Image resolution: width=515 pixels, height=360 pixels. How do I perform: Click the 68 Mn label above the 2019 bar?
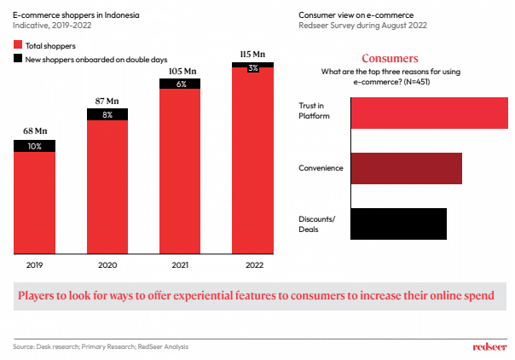[34, 131]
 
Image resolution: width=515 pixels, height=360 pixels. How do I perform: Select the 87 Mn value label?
[107, 101]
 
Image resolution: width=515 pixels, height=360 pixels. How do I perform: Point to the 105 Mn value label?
[180, 71]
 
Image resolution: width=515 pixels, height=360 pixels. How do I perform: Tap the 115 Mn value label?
[253, 55]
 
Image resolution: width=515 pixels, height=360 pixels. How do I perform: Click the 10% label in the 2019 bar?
[34, 146]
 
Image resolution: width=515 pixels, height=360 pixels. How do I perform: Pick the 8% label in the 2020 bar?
[107, 114]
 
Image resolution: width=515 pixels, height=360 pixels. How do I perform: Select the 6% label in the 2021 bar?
[180, 84]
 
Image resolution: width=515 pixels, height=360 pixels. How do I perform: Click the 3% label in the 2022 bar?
[253, 67]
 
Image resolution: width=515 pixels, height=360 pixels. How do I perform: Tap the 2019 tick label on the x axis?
[34, 266]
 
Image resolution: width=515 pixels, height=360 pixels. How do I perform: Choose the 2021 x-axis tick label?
[180, 266]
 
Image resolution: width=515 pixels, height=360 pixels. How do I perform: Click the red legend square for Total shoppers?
[18, 44]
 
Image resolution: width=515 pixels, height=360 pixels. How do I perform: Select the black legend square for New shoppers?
[18, 58]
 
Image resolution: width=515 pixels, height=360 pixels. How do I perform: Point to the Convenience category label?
[321, 168]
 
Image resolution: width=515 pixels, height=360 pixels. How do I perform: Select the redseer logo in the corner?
[489, 346]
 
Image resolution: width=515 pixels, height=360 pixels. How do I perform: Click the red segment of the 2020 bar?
[107, 188]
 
